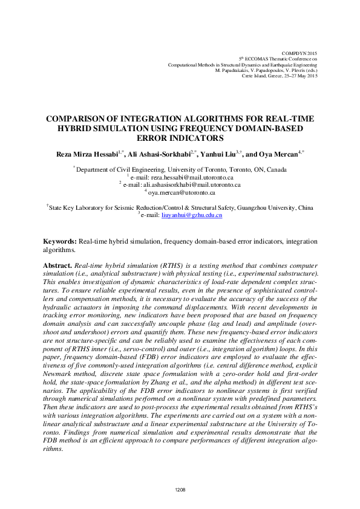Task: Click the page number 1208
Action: click(x=180, y=490)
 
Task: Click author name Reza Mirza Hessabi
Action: click(x=90, y=154)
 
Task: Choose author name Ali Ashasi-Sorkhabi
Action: click(x=159, y=154)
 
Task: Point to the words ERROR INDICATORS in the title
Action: click(x=180, y=138)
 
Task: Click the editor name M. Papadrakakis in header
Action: click(x=235, y=70)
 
